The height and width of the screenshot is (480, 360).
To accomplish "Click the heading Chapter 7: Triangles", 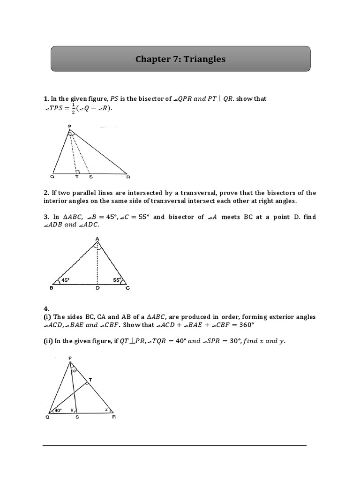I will pos(180,59).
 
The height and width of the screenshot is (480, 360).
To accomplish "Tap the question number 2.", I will pos(45,193).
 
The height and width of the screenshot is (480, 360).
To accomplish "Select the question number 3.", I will pos(45,217).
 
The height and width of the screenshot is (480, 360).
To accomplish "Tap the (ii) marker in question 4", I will pos(48,341).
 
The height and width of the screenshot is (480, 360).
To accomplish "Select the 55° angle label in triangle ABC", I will pos(117,280).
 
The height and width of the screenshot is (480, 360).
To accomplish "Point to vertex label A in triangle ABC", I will pos(97,238).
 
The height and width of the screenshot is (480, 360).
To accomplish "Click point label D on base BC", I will pos(97,289).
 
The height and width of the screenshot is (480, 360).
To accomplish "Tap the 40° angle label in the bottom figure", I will pos(58,410).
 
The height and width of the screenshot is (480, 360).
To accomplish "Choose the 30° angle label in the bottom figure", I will pos(74,371).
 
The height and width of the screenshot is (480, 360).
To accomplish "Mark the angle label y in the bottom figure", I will pos(71,410).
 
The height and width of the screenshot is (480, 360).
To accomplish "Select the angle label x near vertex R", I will pos(106,409).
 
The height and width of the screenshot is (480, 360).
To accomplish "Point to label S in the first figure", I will pos(90,177).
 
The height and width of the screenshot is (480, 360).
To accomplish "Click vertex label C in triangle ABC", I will pos(127,289).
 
